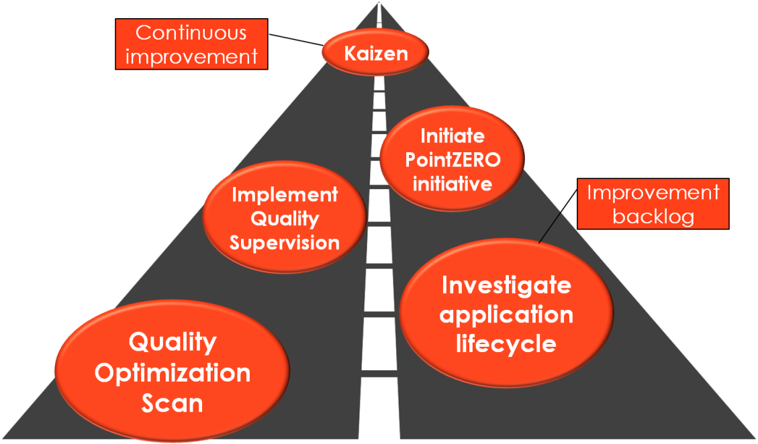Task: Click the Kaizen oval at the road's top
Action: coord(376,54)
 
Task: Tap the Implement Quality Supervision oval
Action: coord(284,219)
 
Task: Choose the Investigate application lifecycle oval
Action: coord(506,315)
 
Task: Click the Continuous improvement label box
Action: coord(191,44)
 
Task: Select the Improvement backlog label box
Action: coord(653,205)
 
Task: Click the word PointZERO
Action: coord(452,160)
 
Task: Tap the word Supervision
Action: coord(285,242)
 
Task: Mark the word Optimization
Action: coord(173,373)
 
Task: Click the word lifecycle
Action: coord(506,343)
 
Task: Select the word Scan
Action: coord(173,403)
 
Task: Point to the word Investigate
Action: coord(506,285)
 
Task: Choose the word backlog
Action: coord(653,217)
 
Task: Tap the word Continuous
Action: coord(191,32)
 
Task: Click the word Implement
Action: coord(285,195)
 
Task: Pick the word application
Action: coord(506,315)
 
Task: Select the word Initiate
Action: coord(452,136)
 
